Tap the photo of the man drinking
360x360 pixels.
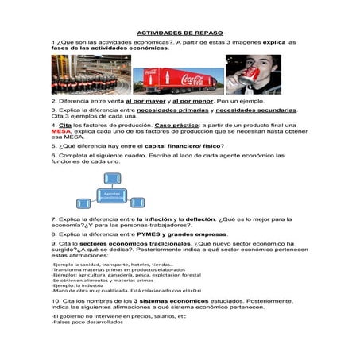253,75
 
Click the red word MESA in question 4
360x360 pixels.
61,131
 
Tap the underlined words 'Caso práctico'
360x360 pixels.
176,126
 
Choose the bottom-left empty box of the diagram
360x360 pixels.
83,203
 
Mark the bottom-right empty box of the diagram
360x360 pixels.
137,203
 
